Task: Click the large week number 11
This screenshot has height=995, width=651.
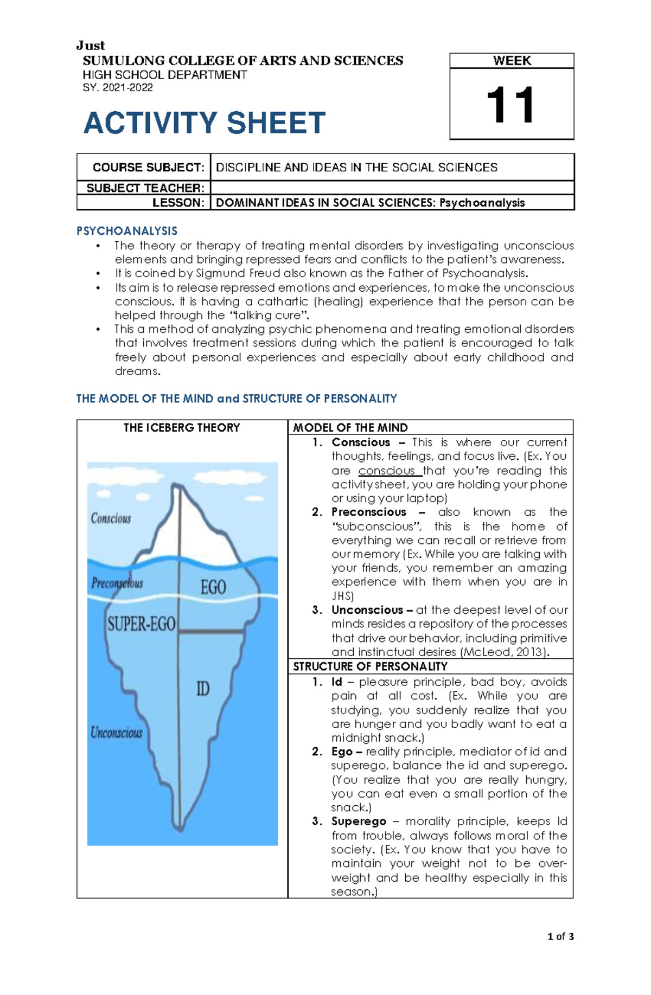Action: pyautogui.click(x=511, y=105)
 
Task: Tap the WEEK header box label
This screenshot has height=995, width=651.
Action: pyautogui.click(x=512, y=61)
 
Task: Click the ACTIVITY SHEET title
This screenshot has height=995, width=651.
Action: pyautogui.click(x=204, y=123)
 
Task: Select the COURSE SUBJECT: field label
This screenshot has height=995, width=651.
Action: pyautogui.click(x=148, y=167)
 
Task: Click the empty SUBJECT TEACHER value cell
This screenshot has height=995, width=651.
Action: pyautogui.click(x=392, y=188)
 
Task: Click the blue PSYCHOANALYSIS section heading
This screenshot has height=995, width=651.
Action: pyautogui.click(x=127, y=231)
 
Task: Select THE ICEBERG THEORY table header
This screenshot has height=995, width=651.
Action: pyautogui.click(x=181, y=427)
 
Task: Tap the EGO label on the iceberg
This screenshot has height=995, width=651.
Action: pyautogui.click(x=213, y=587)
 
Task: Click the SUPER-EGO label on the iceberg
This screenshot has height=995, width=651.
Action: pyautogui.click(x=141, y=624)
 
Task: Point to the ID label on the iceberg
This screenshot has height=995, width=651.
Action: pyautogui.click(x=202, y=689)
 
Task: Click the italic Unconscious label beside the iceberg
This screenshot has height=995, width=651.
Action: pyautogui.click(x=116, y=733)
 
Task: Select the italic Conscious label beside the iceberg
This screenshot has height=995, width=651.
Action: pyautogui.click(x=111, y=518)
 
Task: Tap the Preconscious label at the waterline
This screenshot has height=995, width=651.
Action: pyautogui.click(x=117, y=583)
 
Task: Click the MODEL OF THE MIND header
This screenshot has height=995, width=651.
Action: pyautogui.click(x=350, y=427)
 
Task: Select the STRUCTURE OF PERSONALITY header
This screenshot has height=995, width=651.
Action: pyautogui.click(x=370, y=666)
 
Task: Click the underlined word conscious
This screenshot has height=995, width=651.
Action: pyautogui.click(x=387, y=471)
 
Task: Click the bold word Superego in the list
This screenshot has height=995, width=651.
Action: pyautogui.click(x=359, y=821)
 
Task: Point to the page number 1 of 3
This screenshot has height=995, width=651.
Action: pyautogui.click(x=560, y=936)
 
